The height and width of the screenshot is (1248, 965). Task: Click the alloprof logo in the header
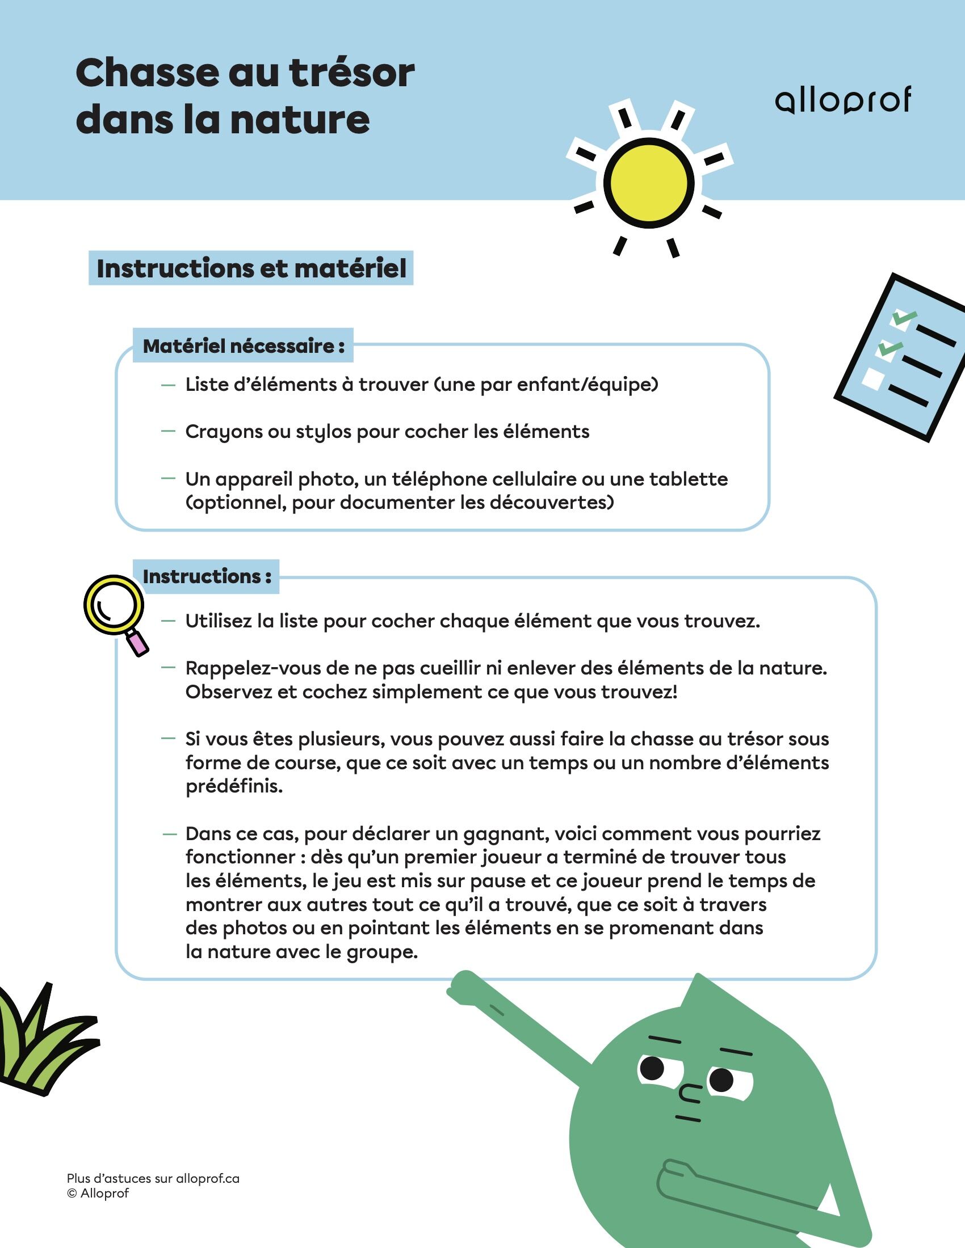842,100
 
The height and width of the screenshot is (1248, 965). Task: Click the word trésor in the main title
351,73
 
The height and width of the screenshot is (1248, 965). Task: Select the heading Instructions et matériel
251,268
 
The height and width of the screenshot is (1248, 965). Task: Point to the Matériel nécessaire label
244,345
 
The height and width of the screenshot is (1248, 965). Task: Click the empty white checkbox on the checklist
873,378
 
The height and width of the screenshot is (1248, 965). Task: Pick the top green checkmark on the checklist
904,317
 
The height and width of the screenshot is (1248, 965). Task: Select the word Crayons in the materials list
224,432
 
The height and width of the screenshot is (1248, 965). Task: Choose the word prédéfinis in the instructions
234,787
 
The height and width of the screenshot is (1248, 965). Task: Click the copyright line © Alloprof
98,1194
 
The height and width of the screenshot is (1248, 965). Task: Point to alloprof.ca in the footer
208,1178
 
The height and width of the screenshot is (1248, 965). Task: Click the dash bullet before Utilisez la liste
168,621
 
